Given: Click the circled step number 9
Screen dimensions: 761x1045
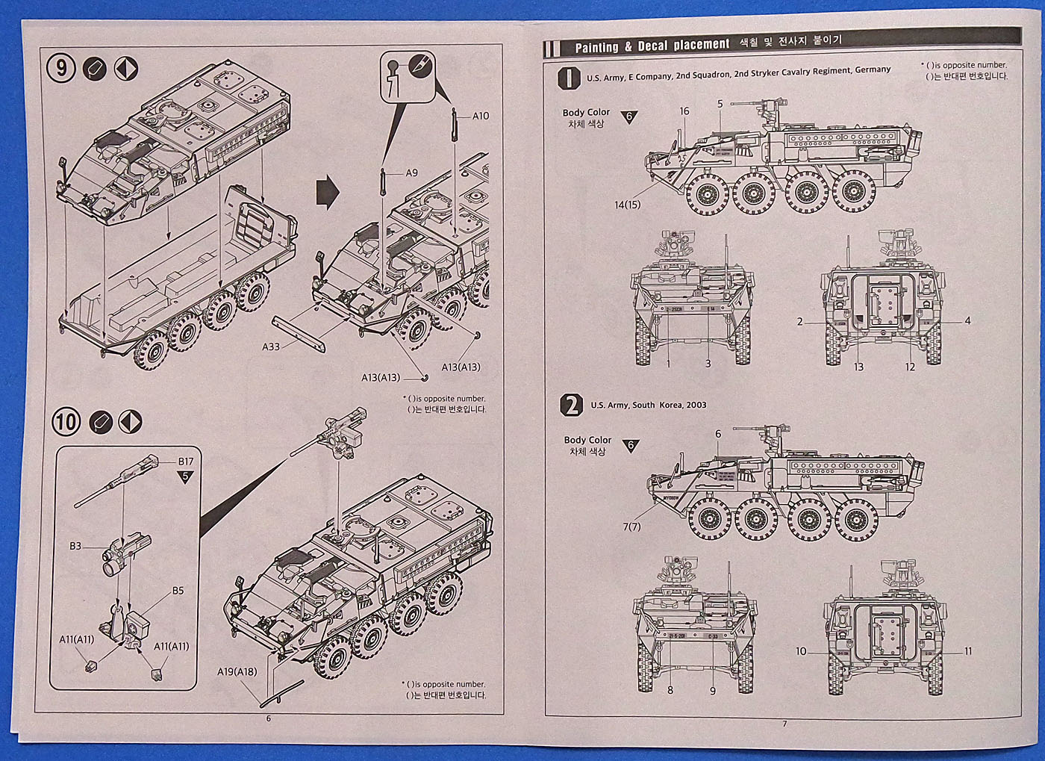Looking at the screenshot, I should click(x=61, y=69).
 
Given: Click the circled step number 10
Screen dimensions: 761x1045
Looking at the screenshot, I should click(x=66, y=422).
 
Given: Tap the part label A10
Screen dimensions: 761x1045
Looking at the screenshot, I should click(x=480, y=116).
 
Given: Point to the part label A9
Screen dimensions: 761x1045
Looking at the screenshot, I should click(x=411, y=173).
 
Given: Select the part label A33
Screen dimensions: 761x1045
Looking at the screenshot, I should click(x=270, y=347).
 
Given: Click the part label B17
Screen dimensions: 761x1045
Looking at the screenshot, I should click(x=185, y=462).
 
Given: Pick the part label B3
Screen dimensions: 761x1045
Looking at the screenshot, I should click(x=75, y=546).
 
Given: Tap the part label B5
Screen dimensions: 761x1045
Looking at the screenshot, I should click(x=178, y=591).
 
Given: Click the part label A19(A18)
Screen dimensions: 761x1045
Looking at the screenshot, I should click(x=237, y=671).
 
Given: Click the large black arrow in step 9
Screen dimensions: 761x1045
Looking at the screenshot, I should click(x=328, y=193).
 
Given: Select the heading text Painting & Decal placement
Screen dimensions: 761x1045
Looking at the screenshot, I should click(x=652, y=46).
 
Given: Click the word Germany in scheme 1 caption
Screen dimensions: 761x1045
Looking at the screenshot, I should click(x=873, y=69).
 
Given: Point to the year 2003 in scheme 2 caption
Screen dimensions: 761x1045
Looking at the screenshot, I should click(x=695, y=405).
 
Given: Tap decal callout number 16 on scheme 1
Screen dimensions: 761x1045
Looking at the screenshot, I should click(x=684, y=111).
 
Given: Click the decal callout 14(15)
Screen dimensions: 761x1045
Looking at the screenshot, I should click(x=628, y=204).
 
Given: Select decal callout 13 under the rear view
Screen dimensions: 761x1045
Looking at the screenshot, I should click(x=858, y=367).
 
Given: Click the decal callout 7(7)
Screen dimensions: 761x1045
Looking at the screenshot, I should click(x=631, y=527).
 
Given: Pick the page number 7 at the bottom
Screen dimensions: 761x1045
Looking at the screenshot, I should click(x=784, y=723).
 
